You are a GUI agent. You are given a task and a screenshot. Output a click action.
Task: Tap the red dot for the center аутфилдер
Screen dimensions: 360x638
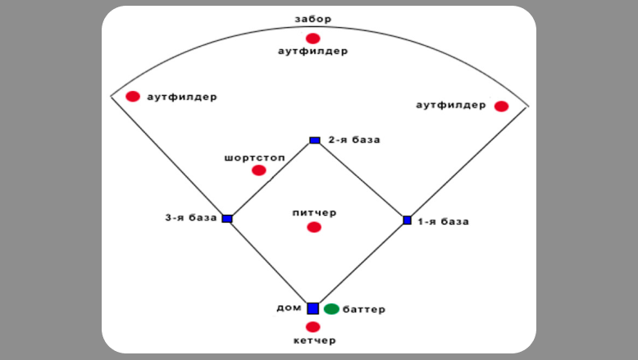point(312,38)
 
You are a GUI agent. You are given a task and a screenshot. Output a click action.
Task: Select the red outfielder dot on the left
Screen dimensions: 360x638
point(133,96)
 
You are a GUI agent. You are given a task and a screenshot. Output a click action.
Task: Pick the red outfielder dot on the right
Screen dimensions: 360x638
point(501,106)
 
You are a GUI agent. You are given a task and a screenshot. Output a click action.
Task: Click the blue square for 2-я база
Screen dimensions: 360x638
point(315,140)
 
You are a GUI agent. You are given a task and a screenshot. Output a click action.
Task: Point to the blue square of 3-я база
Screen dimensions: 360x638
point(227,218)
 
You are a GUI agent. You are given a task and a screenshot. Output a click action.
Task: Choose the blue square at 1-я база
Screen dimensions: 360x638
point(407,220)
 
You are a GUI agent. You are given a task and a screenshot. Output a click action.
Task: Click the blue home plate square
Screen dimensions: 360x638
point(312,308)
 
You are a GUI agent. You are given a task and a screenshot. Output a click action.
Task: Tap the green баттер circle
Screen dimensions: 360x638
point(331,309)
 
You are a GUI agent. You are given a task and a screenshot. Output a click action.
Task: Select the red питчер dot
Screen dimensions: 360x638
point(313,227)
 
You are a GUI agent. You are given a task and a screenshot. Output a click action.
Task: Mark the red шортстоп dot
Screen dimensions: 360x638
point(259,170)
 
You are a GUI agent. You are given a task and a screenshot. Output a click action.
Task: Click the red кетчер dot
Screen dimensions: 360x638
point(312,326)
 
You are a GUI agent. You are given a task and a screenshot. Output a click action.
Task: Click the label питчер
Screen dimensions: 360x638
point(314,212)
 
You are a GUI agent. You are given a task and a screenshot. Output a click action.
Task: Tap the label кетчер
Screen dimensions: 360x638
point(315,340)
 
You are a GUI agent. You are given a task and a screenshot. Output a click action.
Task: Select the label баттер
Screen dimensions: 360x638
point(365,310)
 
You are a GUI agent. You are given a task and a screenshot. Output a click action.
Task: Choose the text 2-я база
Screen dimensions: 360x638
point(354,139)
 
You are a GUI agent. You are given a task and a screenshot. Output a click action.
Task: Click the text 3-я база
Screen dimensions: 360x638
point(191,218)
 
